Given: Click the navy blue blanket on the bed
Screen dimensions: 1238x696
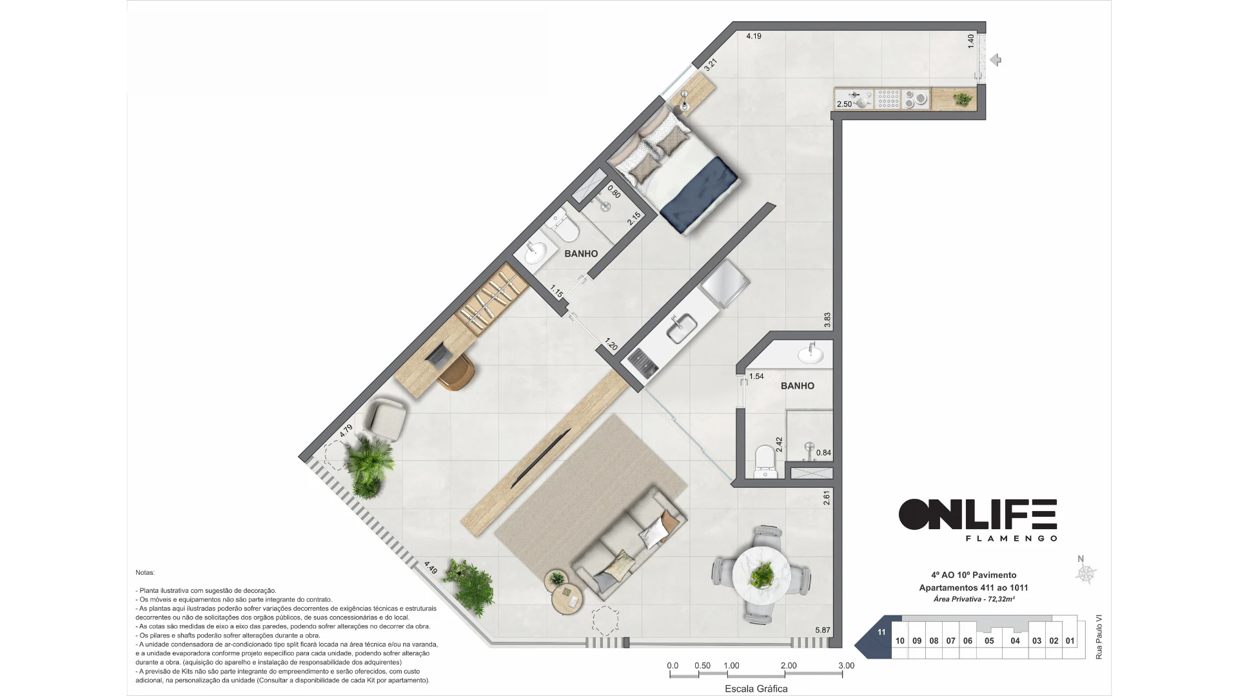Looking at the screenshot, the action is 700,197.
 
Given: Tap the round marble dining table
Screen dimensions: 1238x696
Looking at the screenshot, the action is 762,575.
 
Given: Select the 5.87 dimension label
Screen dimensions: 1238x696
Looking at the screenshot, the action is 823,630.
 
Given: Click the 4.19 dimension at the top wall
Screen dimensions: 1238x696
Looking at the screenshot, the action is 754,36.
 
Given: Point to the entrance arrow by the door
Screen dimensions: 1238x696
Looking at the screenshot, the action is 995,60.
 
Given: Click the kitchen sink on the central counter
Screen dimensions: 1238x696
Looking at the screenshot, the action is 682,329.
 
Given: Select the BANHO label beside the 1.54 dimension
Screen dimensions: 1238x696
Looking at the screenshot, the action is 797,386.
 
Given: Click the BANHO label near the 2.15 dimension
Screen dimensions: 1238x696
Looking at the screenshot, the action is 581,254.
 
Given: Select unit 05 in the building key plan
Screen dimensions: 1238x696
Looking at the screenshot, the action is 989,641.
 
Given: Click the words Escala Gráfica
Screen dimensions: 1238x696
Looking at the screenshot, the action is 756,688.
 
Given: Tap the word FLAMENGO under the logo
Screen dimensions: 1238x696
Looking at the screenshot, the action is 1010,538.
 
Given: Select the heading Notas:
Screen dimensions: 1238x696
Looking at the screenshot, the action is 145,572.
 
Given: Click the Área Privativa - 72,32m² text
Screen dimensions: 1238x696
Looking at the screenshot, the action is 974,599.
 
